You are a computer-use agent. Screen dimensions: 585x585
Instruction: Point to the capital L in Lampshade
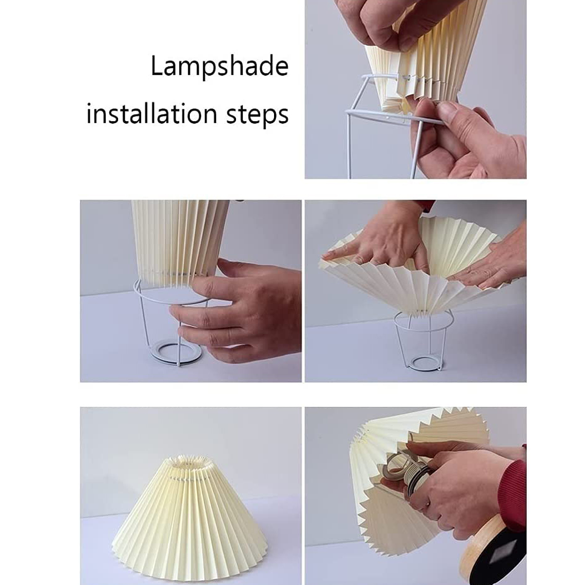point(156,66)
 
